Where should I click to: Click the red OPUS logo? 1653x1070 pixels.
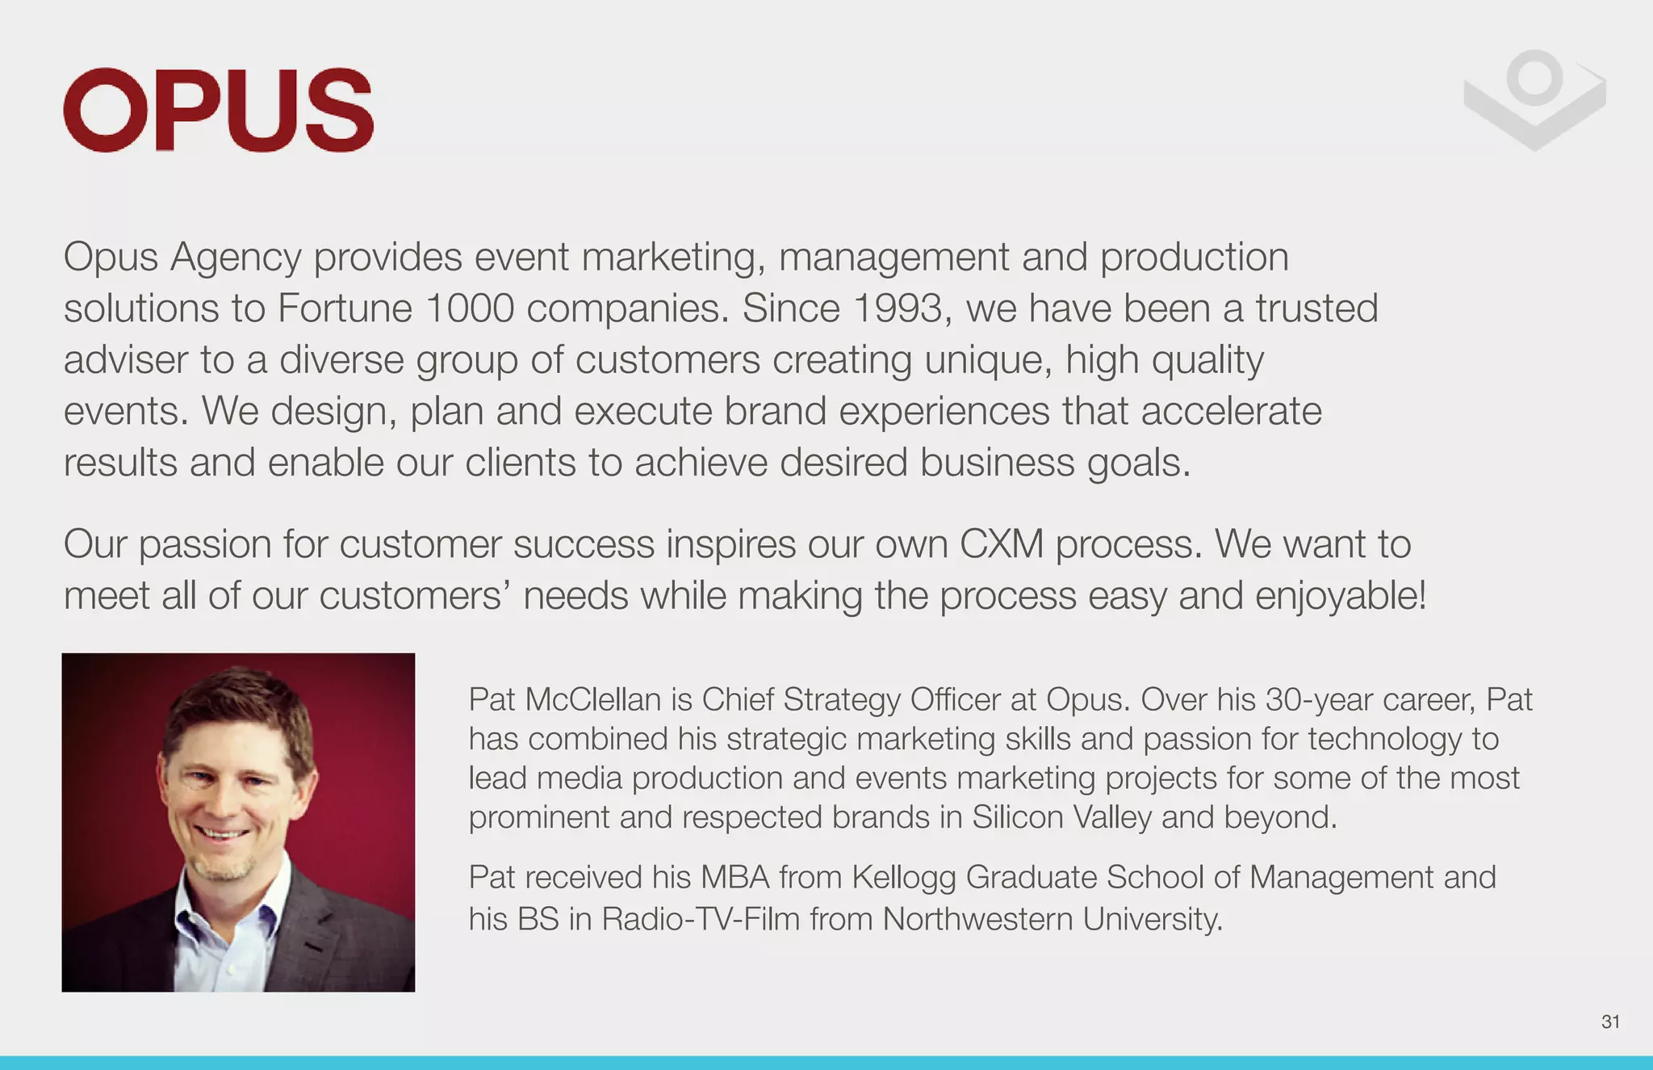(x=218, y=110)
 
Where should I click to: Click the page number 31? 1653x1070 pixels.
(x=1610, y=1022)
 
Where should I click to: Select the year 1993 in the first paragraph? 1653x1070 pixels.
(x=898, y=308)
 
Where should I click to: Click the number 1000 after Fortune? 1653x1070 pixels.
(x=469, y=308)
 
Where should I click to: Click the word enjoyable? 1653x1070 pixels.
(x=1341, y=596)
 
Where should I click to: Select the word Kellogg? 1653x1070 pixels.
(x=903, y=878)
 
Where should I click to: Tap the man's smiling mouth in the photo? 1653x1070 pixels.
(x=222, y=833)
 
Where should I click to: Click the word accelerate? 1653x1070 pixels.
(x=1231, y=411)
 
